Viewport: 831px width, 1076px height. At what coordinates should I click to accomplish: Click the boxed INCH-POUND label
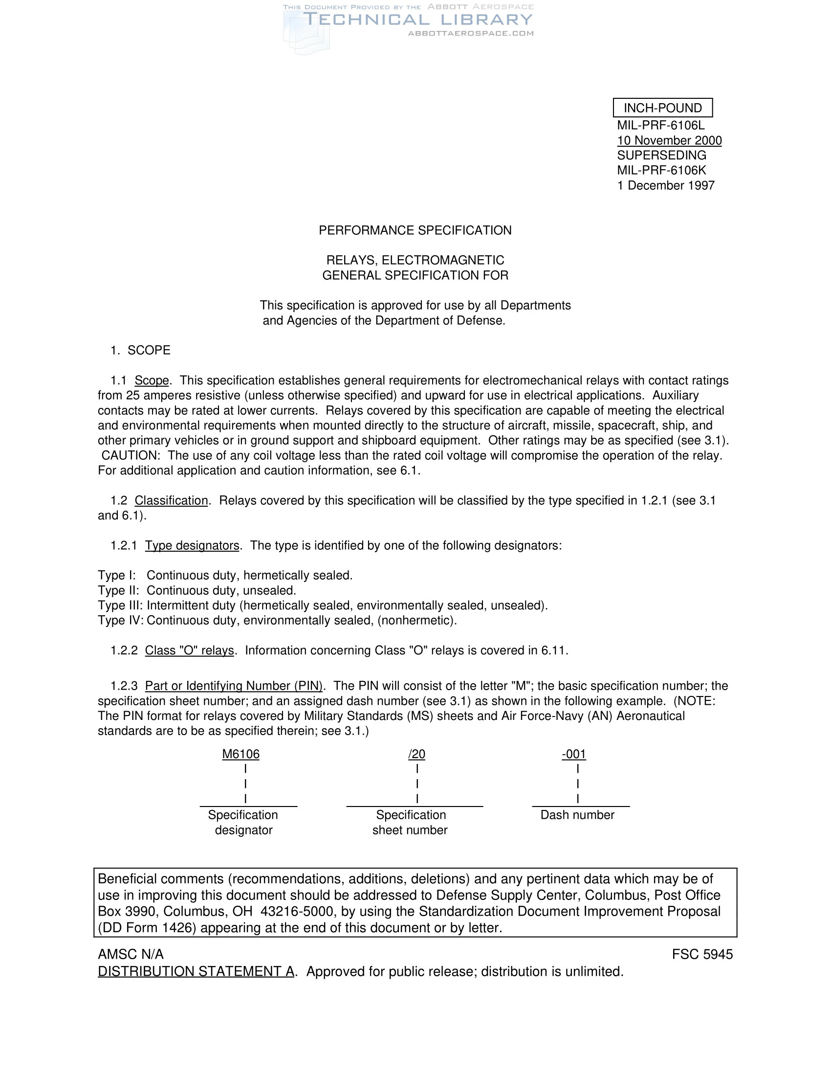[x=663, y=108]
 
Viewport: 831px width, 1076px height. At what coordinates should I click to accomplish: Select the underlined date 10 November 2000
[x=669, y=140]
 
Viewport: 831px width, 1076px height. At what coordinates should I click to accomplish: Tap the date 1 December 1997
[x=666, y=185]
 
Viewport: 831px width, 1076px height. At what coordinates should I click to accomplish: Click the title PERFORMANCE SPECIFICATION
[x=415, y=230]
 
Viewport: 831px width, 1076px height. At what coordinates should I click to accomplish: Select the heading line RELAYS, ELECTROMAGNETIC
[x=415, y=260]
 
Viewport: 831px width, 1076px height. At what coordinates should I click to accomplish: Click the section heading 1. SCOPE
[x=140, y=350]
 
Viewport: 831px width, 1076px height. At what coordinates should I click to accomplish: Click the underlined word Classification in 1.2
[x=171, y=500]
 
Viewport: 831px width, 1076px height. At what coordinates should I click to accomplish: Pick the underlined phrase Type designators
[x=192, y=545]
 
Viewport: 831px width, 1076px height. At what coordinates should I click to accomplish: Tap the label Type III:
[x=120, y=605]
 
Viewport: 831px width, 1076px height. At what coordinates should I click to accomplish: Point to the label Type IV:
[x=120, y=620]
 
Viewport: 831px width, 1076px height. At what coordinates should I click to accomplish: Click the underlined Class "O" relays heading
[x=189, y=650]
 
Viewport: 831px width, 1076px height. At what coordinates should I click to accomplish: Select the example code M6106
[x=241, y=754]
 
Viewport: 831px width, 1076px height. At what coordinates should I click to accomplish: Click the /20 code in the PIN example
[x=416, y=754]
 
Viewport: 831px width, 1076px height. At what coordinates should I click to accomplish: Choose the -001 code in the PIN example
[x=573, y=754]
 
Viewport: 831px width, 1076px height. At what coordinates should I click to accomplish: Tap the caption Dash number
[x=577, y=815]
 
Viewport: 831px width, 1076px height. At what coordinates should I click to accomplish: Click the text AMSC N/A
[x=131, y=954]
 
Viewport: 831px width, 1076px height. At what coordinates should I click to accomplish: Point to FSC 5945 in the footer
[x=702, y=954]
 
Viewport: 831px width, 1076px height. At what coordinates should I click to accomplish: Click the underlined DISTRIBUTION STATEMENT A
[x=196, y=971]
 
